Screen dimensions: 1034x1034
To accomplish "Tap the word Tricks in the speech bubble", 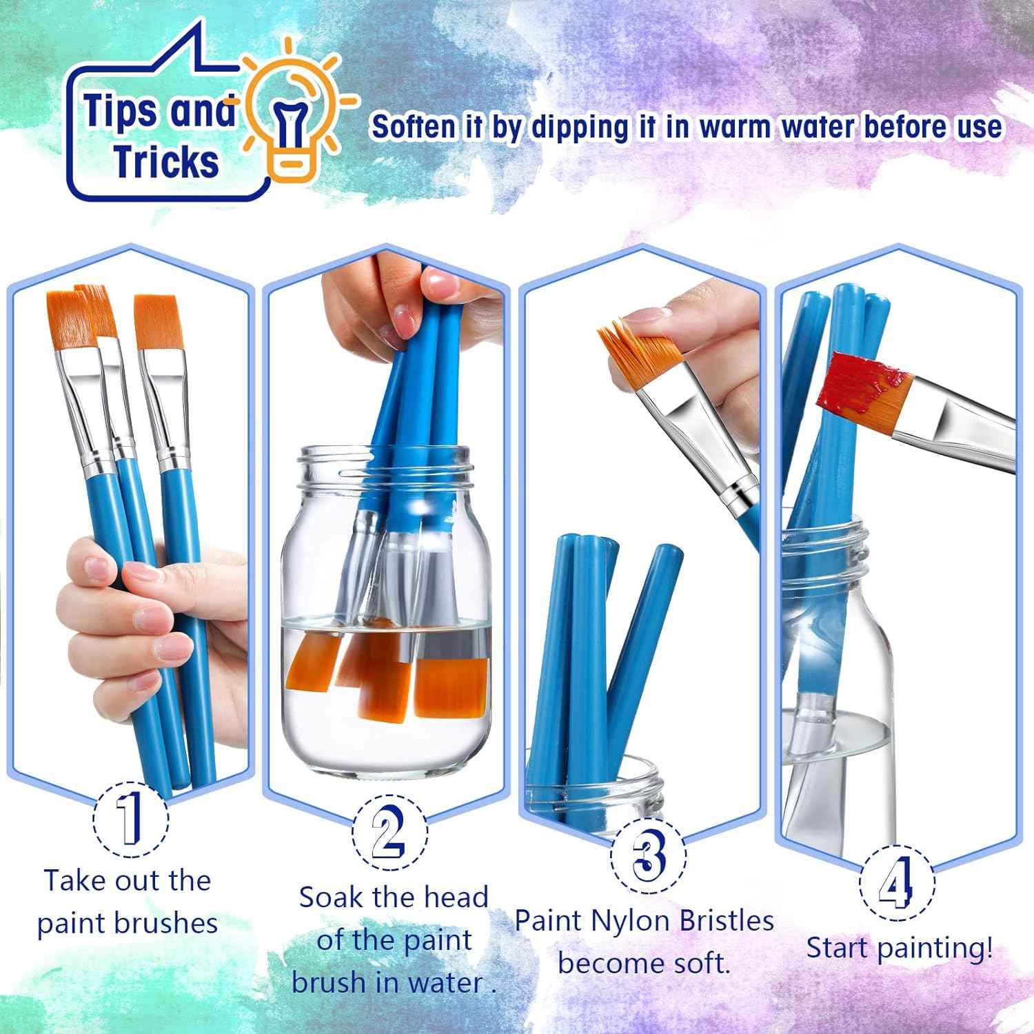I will [x=166, y=161].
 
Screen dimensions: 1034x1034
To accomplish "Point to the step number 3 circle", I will [x=648, y=855].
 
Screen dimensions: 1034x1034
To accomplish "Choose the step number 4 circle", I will [x=897, y=883].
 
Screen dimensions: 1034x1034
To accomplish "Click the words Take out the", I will [x=128, y=880].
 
